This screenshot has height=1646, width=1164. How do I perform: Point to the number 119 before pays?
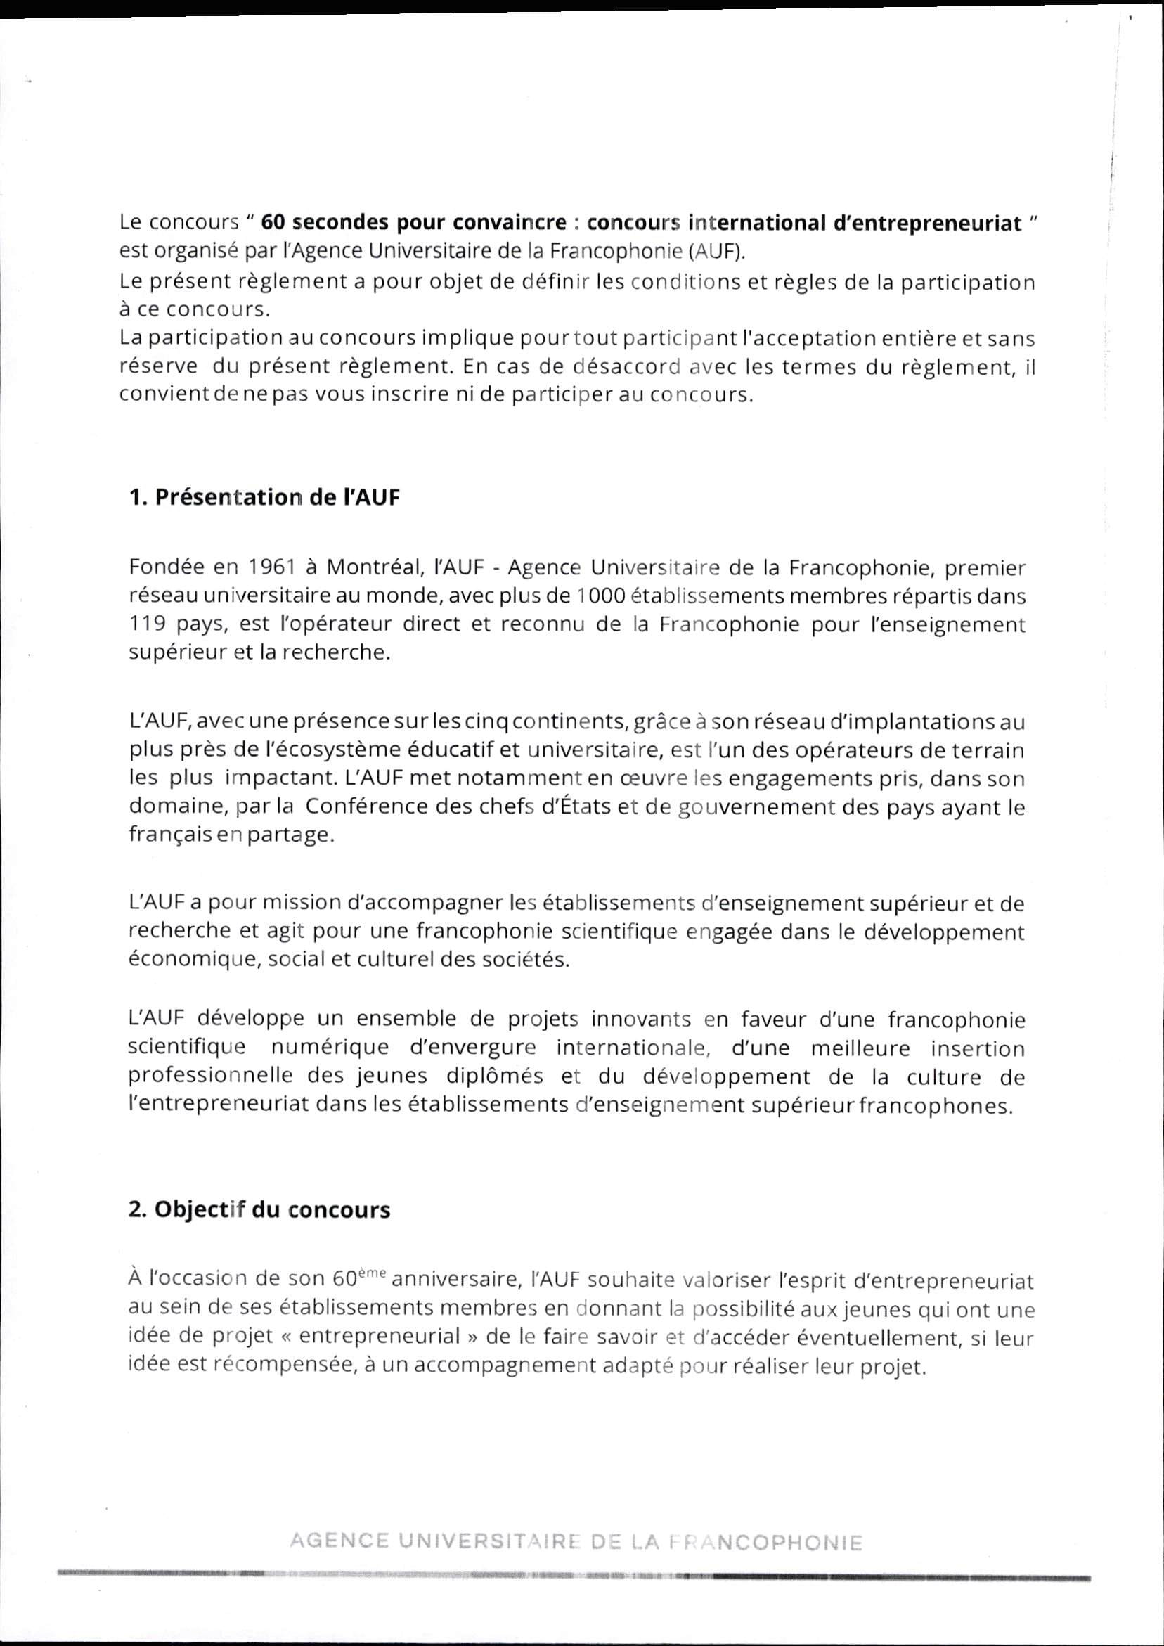(148, 625)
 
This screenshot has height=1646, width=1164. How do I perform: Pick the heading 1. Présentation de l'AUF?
(264, 499)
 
